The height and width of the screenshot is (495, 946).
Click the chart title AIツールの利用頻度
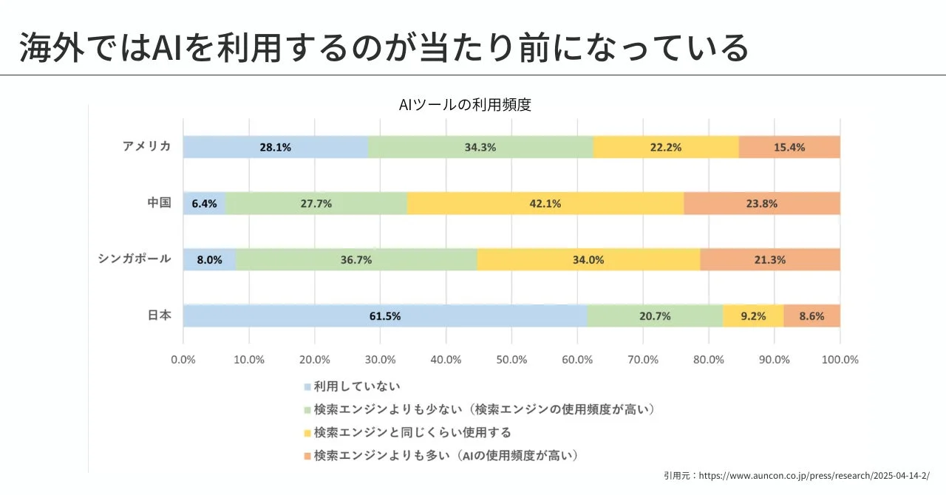(465, 105)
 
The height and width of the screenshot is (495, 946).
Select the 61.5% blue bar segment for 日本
(385, 315)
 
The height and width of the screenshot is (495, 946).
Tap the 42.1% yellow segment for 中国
(545, 203)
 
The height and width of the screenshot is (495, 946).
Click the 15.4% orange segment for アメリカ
(789, 147)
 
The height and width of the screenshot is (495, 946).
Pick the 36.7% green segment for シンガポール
(356, 259)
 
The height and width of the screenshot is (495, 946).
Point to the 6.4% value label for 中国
(204, 203)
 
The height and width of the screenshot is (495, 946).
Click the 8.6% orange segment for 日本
(811, 315)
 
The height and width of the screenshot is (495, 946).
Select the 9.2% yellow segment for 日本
(753, 315)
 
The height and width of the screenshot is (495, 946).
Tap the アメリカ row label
(147, 146)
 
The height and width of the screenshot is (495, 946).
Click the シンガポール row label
(135, 259)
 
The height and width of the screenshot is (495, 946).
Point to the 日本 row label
(159, 315)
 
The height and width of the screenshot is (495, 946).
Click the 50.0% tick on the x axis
(511, 360)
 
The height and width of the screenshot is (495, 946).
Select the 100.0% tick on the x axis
(840, 360)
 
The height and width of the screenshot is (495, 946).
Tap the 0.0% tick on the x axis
(183, 360)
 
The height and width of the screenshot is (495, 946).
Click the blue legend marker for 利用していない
(307, 386)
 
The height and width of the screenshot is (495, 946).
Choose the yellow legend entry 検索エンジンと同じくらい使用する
(412, 432)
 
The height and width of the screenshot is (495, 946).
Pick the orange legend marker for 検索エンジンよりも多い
(307, 456)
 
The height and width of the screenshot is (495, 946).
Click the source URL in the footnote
(814, 476)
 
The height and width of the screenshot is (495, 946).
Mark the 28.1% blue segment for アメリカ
(275, 147)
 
